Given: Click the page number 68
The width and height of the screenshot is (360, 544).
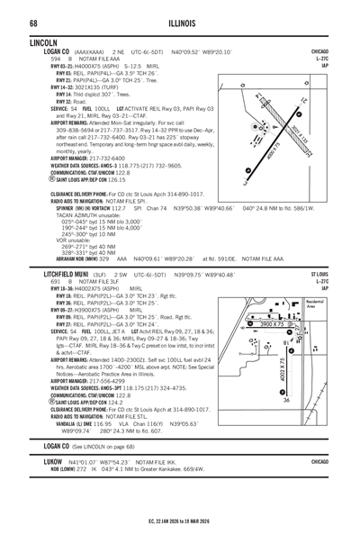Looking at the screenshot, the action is tap(32, 21).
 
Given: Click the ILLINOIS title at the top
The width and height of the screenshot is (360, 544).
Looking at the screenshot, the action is tap(179, 21).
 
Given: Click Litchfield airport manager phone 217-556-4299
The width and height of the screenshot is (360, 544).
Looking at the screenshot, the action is tap(104, 381).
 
